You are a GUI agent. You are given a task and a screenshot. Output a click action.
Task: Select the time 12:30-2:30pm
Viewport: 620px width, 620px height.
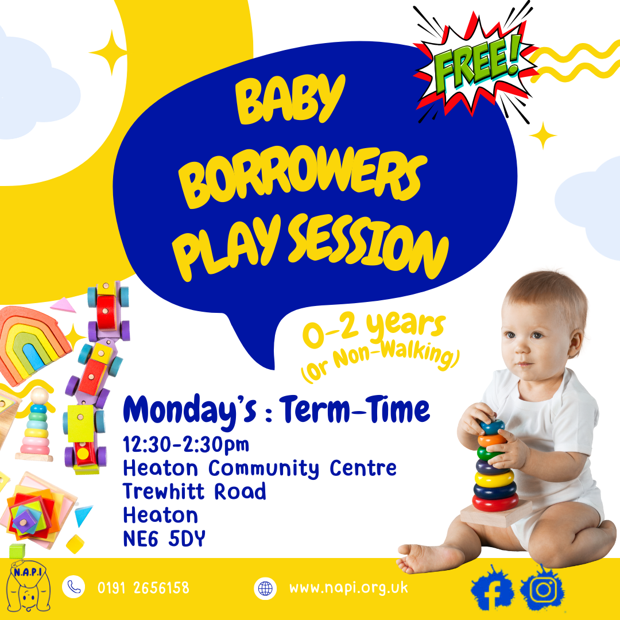click(x=187, y=444)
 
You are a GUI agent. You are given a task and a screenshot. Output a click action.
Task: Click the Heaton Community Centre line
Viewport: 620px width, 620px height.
click(x=259, y=468)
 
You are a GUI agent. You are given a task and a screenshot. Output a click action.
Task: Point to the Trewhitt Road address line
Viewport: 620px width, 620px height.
click(x=195, y=491)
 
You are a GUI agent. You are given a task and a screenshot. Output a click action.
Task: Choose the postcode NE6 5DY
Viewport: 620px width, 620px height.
click(x=164, y=538)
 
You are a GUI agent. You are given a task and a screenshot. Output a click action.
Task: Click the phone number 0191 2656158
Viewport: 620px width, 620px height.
click(x=143, y=588)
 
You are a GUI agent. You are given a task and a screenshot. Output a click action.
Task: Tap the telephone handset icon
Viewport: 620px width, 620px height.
click(x=73, y=587)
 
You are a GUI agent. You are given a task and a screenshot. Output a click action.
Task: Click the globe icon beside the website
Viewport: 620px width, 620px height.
click(x=265, y=588)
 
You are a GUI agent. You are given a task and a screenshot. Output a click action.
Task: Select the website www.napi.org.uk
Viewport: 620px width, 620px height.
click(x=348, y=588)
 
